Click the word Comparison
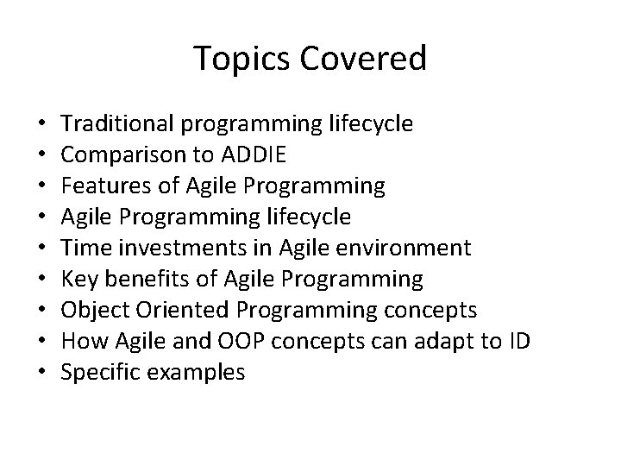[121, 155]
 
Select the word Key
[79, 280]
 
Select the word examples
[194, 373]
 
